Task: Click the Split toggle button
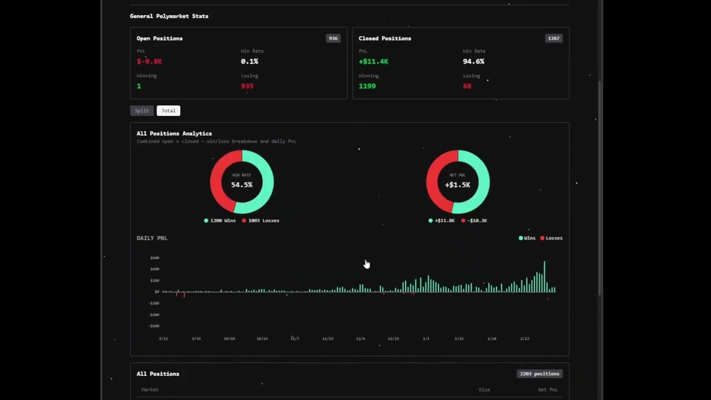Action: tap(142, 111)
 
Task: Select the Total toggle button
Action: tap(168, 111)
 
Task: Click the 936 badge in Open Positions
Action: tap(333, 38)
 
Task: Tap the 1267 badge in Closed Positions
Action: tap(553, 38)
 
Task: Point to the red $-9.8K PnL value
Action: tap(149, 62)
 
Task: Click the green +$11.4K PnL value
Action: tap(373, 62)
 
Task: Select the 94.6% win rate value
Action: tap(473, 62)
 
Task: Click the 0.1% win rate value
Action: tap(249, 62)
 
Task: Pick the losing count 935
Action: tap(247, 86)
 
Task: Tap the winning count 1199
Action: tap(367, 86)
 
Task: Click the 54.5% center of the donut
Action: tap(242, 184)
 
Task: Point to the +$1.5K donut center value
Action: tap(458, 184)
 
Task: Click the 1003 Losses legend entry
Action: tap(261, 221)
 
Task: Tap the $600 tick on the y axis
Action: tap(154, 258)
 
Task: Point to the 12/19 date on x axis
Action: tap(393, 338)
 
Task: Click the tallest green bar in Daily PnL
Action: tap(544, 276)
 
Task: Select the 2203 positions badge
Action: tap(539, 374)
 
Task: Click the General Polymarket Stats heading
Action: tap(169, 16)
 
